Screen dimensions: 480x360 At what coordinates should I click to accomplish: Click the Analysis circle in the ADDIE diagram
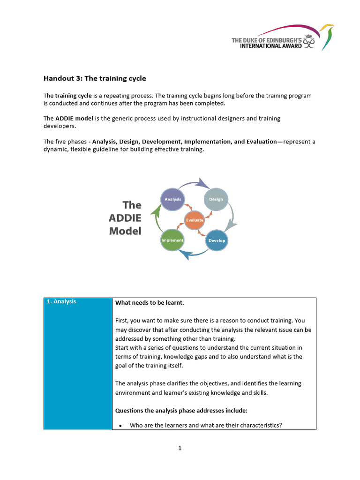coord(172,199)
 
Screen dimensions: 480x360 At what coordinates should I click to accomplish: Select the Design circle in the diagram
coord(216,199)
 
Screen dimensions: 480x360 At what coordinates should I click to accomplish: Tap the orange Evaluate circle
coord(195,220)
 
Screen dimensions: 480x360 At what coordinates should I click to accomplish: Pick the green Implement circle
coord(172,240)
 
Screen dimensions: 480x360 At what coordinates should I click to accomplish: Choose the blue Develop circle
coord(217,240)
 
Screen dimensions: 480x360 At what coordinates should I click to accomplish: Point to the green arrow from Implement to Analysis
coord(156,219)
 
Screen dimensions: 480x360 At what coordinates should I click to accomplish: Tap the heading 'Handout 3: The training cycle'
coord(95,78)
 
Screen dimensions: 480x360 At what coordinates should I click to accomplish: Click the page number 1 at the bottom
coord(180,448)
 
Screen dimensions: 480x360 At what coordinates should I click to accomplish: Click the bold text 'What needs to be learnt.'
coord(150,303)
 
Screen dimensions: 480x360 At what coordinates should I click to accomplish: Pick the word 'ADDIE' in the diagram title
coord(125,218)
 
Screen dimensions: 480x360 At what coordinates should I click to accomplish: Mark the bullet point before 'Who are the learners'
coord(120,426)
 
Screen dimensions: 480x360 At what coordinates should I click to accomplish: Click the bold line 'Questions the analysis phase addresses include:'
coord(181,411)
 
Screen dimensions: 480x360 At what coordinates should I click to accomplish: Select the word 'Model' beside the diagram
coord(125,231)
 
